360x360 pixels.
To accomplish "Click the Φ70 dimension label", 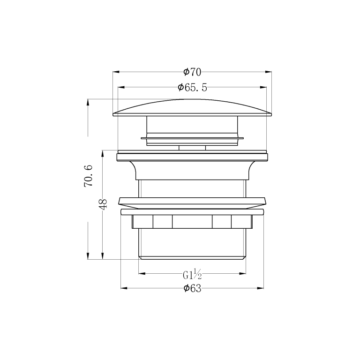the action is tap(192, 72).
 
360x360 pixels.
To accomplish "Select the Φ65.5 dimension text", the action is tap(192, 88).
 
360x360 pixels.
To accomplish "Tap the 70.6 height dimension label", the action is tap(89, 176).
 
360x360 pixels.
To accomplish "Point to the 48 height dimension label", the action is tap(103, 204).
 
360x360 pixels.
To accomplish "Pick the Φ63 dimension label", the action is tap(192, 288).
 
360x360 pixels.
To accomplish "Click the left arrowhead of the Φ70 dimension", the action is tap(116, 72).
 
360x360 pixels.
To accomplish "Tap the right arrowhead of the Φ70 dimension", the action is tap(269, 72).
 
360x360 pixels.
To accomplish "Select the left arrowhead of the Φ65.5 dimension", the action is tap(121, 87).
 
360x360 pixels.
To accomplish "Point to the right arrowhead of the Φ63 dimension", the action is tap(260, 288).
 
